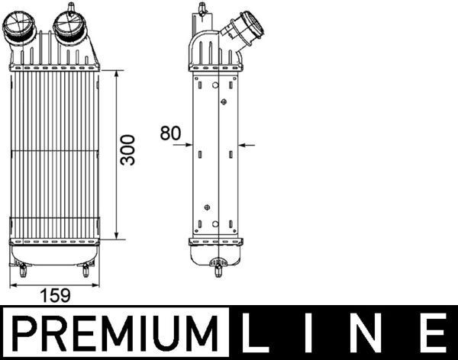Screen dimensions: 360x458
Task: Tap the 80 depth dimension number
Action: pyautogui.click(x=170, y=133)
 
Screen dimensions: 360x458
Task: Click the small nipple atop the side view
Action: pyautogui.click(x=202, y=9)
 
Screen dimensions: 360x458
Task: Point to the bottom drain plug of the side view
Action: pyautogui.click(x=218, y=268)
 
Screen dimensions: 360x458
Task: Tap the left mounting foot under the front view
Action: pyautogui.click(x=21, y=269)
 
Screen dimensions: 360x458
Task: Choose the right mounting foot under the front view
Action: pyautogui.click(x=86, y=269)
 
